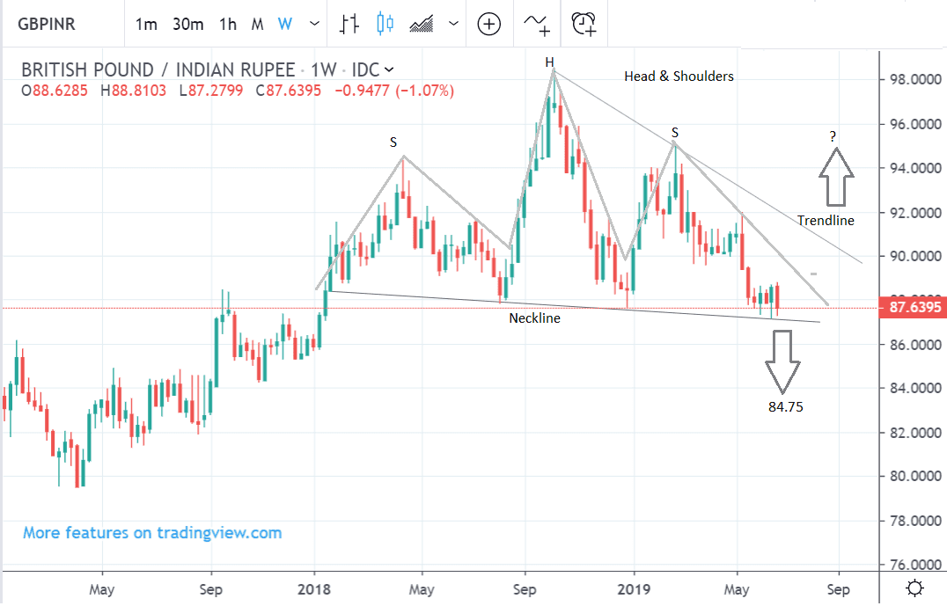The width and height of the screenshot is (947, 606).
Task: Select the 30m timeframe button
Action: point(188,24)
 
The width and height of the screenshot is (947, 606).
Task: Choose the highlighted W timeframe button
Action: point(284,24)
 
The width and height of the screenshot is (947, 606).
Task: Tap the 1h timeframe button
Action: point(228,24)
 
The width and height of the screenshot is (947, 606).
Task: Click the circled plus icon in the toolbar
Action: point(488,24)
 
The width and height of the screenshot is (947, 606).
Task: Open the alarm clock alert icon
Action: point(584,24)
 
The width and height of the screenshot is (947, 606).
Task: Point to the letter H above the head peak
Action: point(549,62)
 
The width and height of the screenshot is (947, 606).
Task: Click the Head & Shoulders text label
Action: point(679,77)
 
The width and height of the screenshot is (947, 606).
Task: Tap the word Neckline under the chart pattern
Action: point(534,318)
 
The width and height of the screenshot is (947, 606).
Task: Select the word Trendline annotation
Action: point(826,221)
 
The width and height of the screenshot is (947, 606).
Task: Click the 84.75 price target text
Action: point(785,407)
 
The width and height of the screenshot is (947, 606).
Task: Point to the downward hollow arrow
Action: point(782,361)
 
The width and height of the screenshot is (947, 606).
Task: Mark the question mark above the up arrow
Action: point(833,136)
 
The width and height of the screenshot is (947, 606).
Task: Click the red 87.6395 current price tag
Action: point(912,307)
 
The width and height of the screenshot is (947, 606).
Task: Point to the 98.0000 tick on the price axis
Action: point(912,79)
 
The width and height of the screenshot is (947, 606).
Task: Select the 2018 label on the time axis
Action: point(314,588)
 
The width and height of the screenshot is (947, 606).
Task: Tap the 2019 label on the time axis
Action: point(634,588)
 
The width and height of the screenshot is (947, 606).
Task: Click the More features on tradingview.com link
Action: point(152,533)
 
